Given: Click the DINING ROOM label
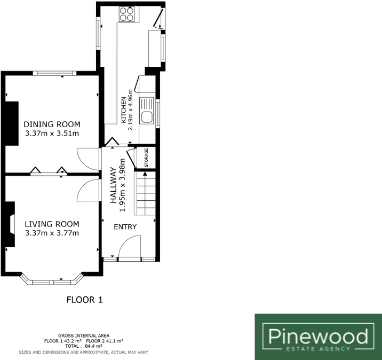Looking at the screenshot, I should (52, 124).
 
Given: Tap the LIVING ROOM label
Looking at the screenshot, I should (52, 224).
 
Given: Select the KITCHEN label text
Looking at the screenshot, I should (124, 110).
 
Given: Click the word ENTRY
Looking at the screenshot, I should (125, 227).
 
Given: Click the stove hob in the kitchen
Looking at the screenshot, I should (129, 13).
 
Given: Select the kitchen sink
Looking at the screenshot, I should (148, 111).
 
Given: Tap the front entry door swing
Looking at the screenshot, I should (129, 248).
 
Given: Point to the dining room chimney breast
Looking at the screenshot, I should (12, 127).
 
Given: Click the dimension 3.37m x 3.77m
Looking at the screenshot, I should (52, 233).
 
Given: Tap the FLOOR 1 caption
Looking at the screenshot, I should (84, 300).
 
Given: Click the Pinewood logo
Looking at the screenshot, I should (318, 336).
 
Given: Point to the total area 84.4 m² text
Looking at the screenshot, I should (85, 346).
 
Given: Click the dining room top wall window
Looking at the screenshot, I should (52, 73).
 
